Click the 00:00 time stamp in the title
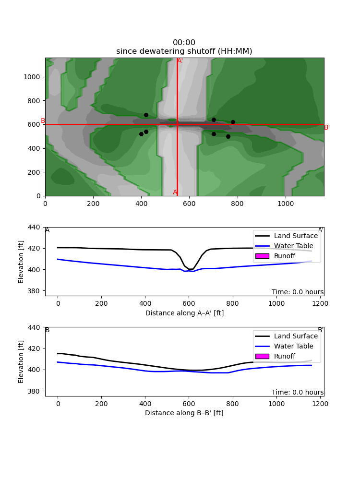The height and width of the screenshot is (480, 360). (x=184, y=43)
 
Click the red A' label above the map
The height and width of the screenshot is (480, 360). (x=180, y=60)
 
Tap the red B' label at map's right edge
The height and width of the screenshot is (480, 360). (x=326, y=128)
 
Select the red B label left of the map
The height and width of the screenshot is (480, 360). (x=43, y=121)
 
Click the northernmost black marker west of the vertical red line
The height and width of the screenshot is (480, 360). (x=146, y=115)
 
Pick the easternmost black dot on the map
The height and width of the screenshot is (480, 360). (x=233, y=122)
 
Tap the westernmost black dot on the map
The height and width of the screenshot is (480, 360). (x=141, y=134)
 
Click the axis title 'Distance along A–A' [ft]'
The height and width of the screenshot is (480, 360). (x=184, y=313)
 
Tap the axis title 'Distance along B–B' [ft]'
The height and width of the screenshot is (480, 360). (x=184, y=413)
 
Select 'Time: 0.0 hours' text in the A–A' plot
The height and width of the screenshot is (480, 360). (x=297, y=292)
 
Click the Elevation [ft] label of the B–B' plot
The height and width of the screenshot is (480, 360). (x=21, y=361)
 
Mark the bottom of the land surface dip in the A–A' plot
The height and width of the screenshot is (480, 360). (x=191, y=269)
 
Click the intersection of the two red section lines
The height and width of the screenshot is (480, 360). (x=177, y=124)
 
